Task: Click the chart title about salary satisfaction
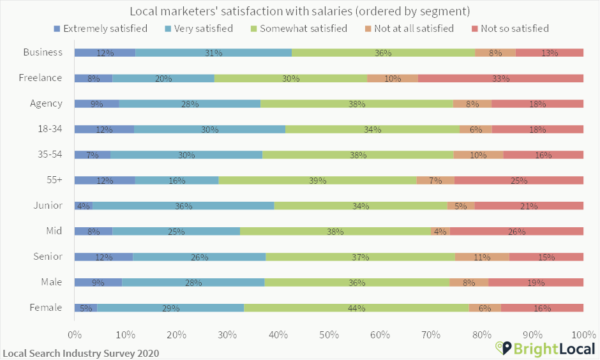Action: click(x=300, y=11)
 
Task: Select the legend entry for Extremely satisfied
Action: click(x=101, y=28)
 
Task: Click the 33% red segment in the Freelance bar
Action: click(x=500, y=79)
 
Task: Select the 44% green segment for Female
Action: click(x=356, y=308)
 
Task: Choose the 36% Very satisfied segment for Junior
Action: click(x=183, y=206)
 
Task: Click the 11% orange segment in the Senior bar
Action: click(x=482, y=257)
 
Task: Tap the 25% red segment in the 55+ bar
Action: click(x=519, y=181)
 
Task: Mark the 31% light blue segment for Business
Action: click(x=213, y=53)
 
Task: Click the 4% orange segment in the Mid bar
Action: click(x=440, y=232)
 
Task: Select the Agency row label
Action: click(x=46, y=103)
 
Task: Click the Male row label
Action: click(x=50, y=282)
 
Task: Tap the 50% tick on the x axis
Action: click(x=329, y=334)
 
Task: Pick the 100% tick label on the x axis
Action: click(x=583, y=334)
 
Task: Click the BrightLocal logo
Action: click(x=546, y=348)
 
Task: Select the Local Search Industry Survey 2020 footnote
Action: click(x=80, y=353)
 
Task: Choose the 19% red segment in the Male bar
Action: click(x=536, y=283)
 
